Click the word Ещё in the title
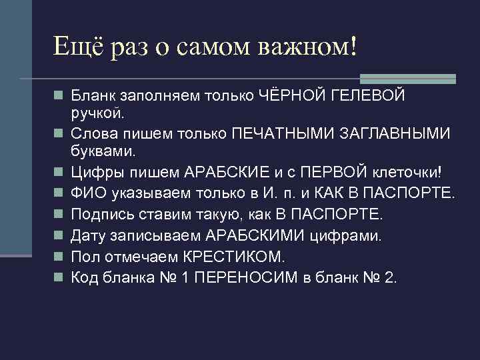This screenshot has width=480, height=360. pyautogui.click(x=75, y=47)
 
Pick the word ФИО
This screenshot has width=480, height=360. pyautogui.click(x=85, y=195)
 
